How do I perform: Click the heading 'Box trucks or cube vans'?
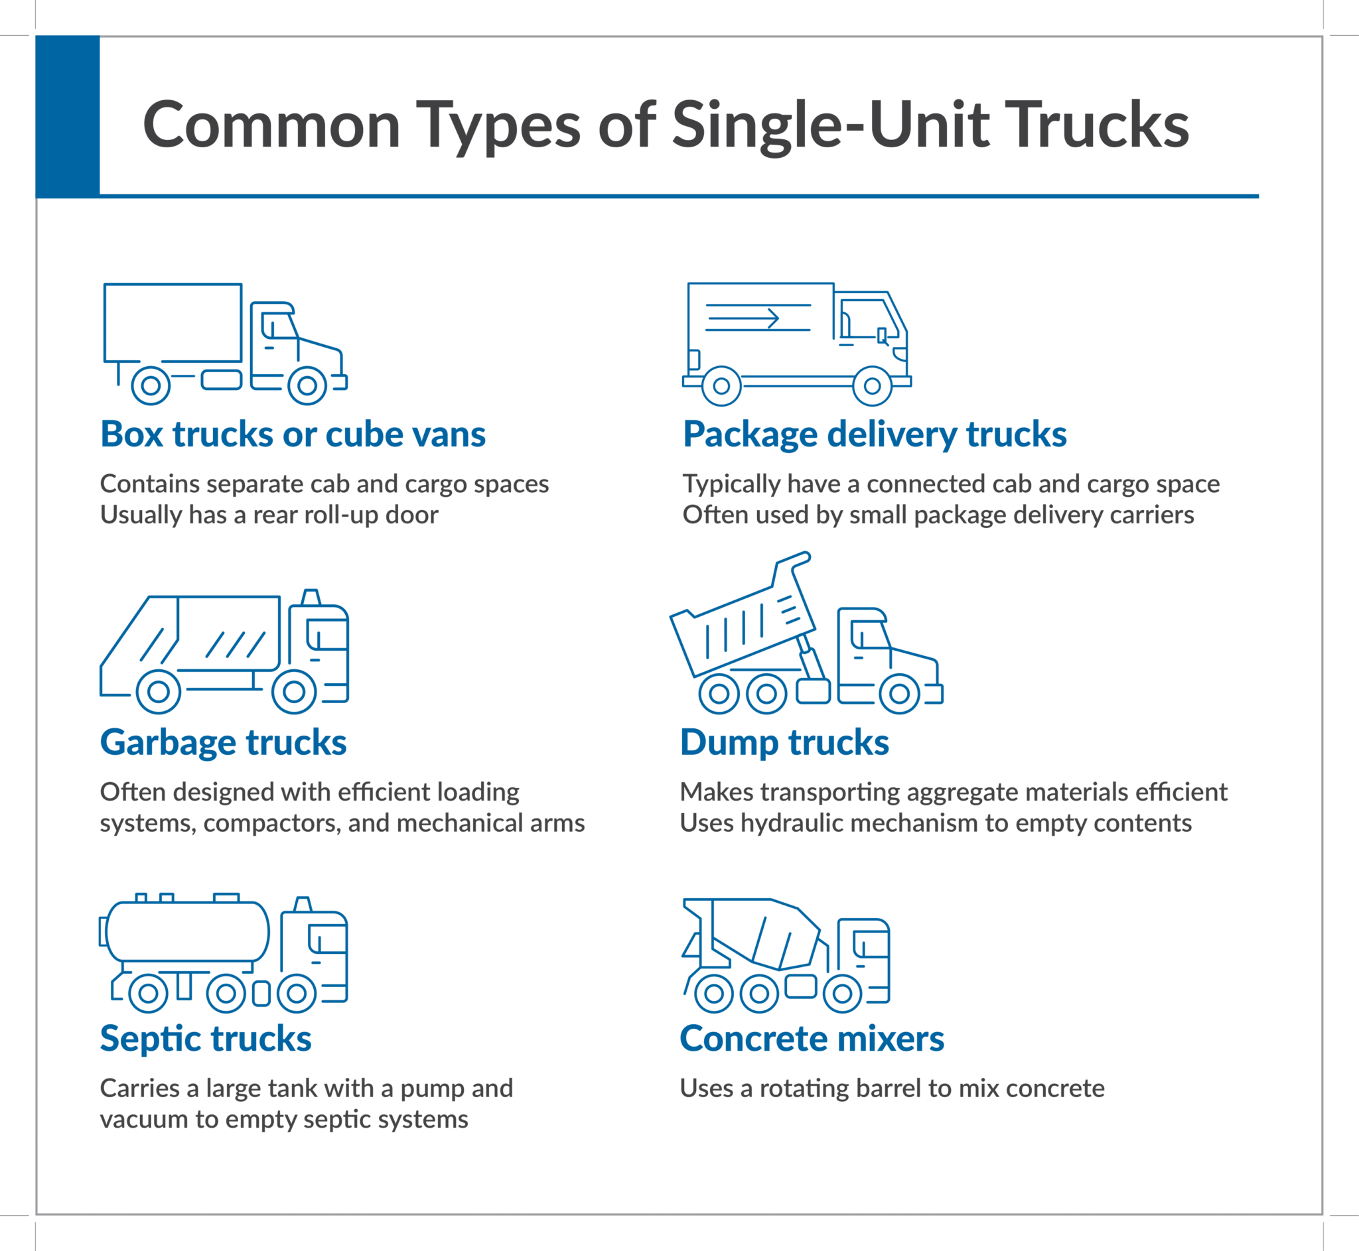pyautogui.click(x=293, y=434)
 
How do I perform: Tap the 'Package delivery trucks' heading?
pyautogui.click(x=874, y=434)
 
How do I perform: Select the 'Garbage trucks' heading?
pyautogui.click(x=223, y=742)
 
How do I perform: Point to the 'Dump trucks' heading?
pyautogui.click(x=784, y=742)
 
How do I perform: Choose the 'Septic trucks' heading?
pyautogui.click(x=205, y=1038)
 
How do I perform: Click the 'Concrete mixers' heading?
pyautogui.click(x=811, y=1038)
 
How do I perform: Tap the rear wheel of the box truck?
pyautogui.click(x=151, y=386)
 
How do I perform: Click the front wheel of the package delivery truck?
pyautogui.click(x=871, y=386)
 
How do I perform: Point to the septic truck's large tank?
pyautogui.click(x=188, y=931)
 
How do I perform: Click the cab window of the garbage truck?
pyautogui.click(x=328, y=634)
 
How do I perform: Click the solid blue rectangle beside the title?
pyautogui.click(x=68, y=117)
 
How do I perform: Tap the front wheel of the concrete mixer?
pyautogui.click(x=841, y=993)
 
